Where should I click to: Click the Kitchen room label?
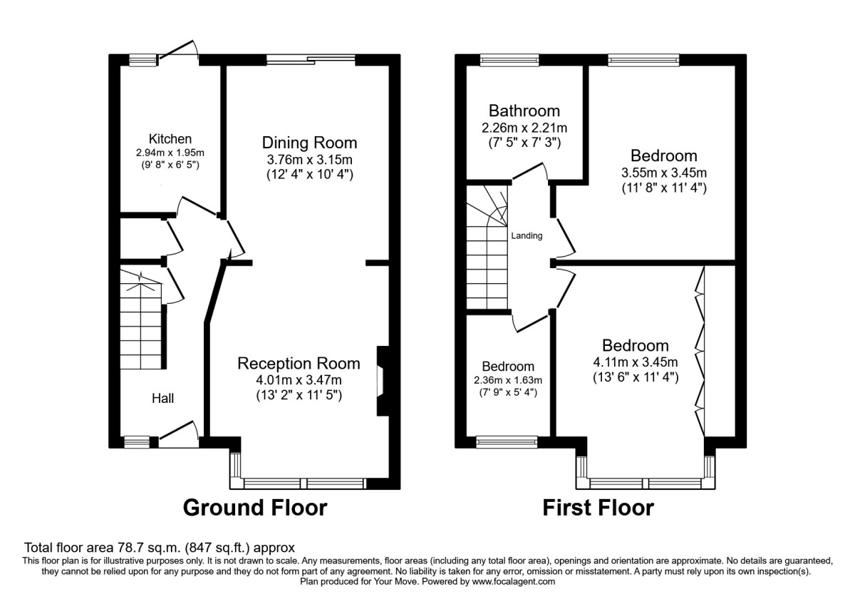click(170, 138)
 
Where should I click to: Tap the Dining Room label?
click(309, 143)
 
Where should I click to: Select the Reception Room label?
click(299, 363)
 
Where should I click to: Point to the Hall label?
click(163, 399)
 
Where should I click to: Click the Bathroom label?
click(524, 111)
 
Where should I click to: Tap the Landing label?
click(527, 236)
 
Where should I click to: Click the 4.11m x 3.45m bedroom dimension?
click(636, 362)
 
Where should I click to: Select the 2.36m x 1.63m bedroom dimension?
click(508, 381)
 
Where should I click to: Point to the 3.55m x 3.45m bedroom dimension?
click(664, 173)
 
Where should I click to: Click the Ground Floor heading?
click(255, 508)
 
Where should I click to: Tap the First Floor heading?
click(598, 508)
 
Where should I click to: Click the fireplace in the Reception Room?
click(383, 381)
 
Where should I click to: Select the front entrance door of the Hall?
click(179, 434)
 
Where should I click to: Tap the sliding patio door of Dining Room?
click(311, 59)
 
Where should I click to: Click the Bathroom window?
click(509, 60)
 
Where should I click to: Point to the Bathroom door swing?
click(531, 171)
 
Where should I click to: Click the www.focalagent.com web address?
click(514, 582)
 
